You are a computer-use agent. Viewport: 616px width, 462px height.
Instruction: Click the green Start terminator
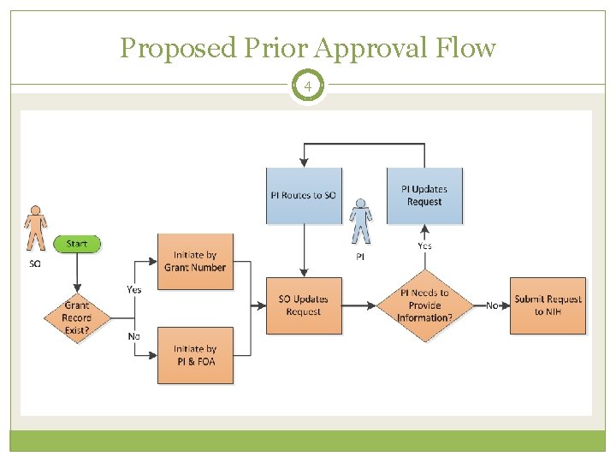pyautogui.click(x=77, y=244)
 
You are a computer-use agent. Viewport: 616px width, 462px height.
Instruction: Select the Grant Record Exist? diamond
pyautogui.click(x=77, y=317)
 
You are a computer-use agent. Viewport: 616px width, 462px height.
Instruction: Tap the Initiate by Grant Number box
pyautogui.click(x=195, y=261)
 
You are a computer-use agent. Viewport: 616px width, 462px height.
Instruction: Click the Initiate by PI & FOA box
pyautogui.click(x=195, y=355)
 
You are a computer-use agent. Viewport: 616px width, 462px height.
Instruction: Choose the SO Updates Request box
pyautogui.click(x=304, y=305)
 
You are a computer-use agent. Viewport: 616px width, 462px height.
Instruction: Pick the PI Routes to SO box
pyautogui.click(x=304, y=195)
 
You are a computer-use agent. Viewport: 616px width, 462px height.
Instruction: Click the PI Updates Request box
pyautogui.click(x=424, y=195)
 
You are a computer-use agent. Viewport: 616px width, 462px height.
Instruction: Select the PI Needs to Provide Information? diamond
pyautogui.click(x=424, y=305)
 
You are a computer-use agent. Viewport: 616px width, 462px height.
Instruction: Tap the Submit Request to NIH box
pyautogui.click(x=548, y=305)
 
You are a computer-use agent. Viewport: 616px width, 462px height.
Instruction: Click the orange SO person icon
pyautogui.click(x=35, y=228)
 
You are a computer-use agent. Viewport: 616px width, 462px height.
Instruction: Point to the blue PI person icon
pyautogui.click(x=361, y=222)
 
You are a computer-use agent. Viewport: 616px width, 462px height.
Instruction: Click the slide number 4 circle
pyautogui.click(x=307, y=86)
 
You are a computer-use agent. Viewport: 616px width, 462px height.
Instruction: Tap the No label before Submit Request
pyautogui.click(x=492, y=305)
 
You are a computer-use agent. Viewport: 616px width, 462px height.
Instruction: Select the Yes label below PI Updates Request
pyautogui.click(x=424, y=246)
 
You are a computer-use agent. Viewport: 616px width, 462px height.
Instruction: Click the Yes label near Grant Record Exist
pyautogui.click(x=134, y=289)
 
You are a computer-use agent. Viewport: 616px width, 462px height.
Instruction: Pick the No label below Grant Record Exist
pyautogui.click(x=134, y=336)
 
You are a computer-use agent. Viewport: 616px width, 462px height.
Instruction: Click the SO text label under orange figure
pyautogui.click(x=35, y=264)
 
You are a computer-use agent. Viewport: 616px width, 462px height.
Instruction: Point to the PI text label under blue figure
pyautogui.click(x=360, y=257)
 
